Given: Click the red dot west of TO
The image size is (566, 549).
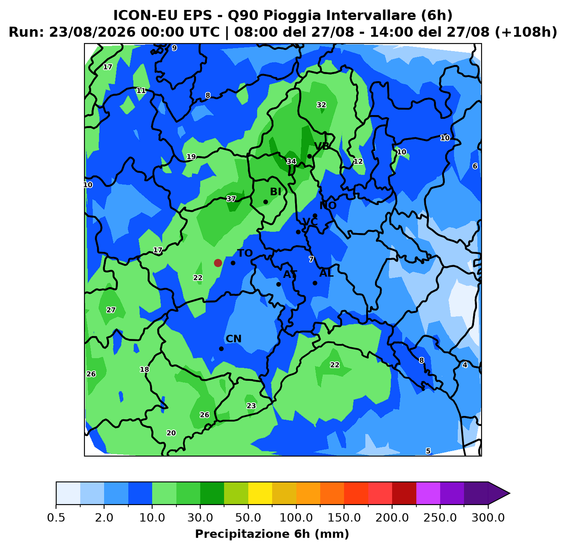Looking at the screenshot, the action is pos(218,263).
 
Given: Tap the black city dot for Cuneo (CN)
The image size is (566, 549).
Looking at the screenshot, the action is pos(221,349).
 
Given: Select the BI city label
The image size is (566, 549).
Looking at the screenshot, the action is pos(275,192).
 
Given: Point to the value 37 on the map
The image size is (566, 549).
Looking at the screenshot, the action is pos(231,199).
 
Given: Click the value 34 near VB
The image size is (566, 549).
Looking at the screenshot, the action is pos(291,161).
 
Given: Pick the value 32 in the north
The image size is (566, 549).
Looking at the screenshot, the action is pos(321,105).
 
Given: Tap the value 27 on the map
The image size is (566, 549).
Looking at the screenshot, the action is pos(110,310).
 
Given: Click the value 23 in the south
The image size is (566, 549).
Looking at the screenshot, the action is pos(251,406).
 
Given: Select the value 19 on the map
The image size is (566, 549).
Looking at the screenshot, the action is pos(191,156).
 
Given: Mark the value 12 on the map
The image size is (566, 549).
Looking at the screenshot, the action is pos(358,161).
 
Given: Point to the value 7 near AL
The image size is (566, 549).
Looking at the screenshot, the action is pos(311,259).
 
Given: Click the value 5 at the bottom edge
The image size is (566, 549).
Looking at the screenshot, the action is pos(428,451).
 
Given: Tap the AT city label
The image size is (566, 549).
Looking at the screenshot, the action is pos(290,274).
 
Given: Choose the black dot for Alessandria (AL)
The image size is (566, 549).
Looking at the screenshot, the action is pos(315,283).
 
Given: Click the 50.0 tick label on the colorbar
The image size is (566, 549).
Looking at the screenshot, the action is pos(248,518).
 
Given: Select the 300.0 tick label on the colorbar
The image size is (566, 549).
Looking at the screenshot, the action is pos(488,518).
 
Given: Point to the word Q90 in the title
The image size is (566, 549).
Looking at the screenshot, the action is pos(243,15).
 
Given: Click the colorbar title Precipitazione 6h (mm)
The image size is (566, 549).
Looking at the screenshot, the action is pos(272,534).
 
